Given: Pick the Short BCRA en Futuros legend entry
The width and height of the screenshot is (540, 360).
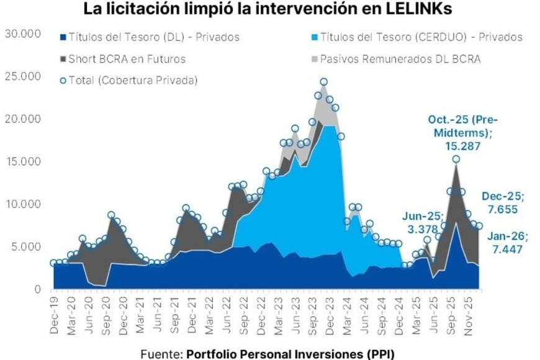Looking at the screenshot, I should pos(127,59).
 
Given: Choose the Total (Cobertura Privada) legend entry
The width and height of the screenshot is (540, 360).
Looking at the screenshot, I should pos(132,80).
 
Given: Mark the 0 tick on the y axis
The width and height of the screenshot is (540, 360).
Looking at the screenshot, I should pos(37,289).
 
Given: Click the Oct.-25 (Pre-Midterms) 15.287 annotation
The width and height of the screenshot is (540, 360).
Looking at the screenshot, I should pos(464,130).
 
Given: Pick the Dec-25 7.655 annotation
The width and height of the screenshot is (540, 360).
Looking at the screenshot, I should pos(503,202).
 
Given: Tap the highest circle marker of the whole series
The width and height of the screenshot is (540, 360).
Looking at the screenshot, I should pos(323,82).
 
